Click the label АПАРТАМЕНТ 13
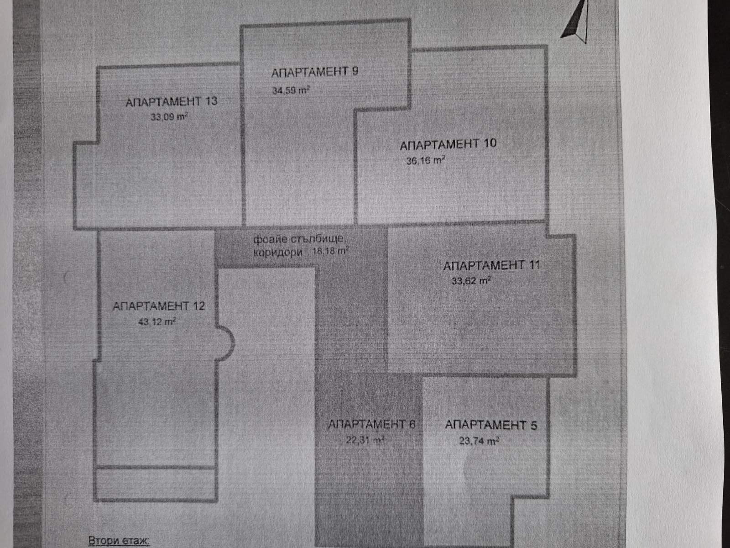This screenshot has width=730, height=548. tap(171, 101)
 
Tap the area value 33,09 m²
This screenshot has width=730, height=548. tap(169, 117)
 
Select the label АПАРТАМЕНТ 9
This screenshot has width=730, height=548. tap(315, 72)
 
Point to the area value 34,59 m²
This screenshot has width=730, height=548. tap(291, 90)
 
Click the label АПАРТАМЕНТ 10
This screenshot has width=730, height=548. tap(448, 145)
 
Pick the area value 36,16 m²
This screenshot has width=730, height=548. tap(425, 161)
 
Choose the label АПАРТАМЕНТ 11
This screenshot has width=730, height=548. tap(491, 265)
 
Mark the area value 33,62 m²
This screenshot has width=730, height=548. tap(471, 281)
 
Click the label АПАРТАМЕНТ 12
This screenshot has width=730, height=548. tap(158, 306)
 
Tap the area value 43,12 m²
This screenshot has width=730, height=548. tap(156, 322)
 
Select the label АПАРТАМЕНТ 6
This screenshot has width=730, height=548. tap(371, 425)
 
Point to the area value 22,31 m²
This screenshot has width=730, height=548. tap(365, 440)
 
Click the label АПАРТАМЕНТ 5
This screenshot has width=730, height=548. tap(491, 425)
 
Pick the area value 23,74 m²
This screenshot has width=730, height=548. tap(479, 441)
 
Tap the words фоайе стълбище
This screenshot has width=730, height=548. tap(301, 239)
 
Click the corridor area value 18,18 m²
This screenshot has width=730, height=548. tap(330, 251)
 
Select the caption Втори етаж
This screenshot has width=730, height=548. tap(119, 541)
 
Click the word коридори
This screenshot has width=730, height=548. tap(278, 252)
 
